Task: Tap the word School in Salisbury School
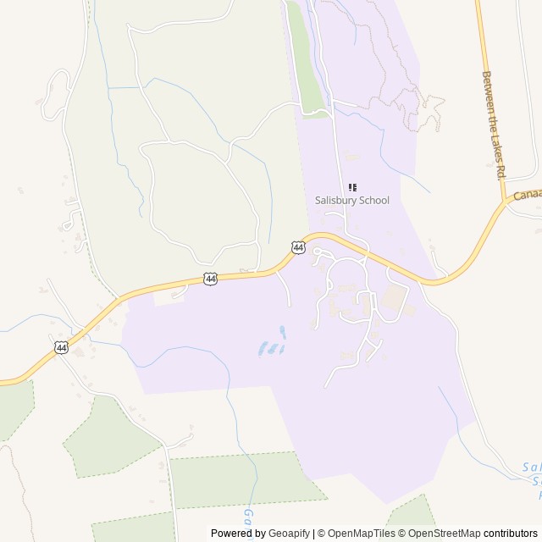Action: tap(373, 201)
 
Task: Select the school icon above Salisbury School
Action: tap(353, 187)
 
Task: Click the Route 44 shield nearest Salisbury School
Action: tap(298, 247)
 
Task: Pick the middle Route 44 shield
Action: tap(210, 278)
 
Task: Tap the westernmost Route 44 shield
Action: tap(61, 347)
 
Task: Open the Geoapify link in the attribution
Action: tap(290, 534)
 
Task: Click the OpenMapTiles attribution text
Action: tap(356, 534)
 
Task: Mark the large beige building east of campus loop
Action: tap(392, 297)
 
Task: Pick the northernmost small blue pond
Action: tap(282, 332)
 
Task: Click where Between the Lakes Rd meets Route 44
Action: tap(506, 203)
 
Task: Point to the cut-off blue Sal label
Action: tap(531, 467)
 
